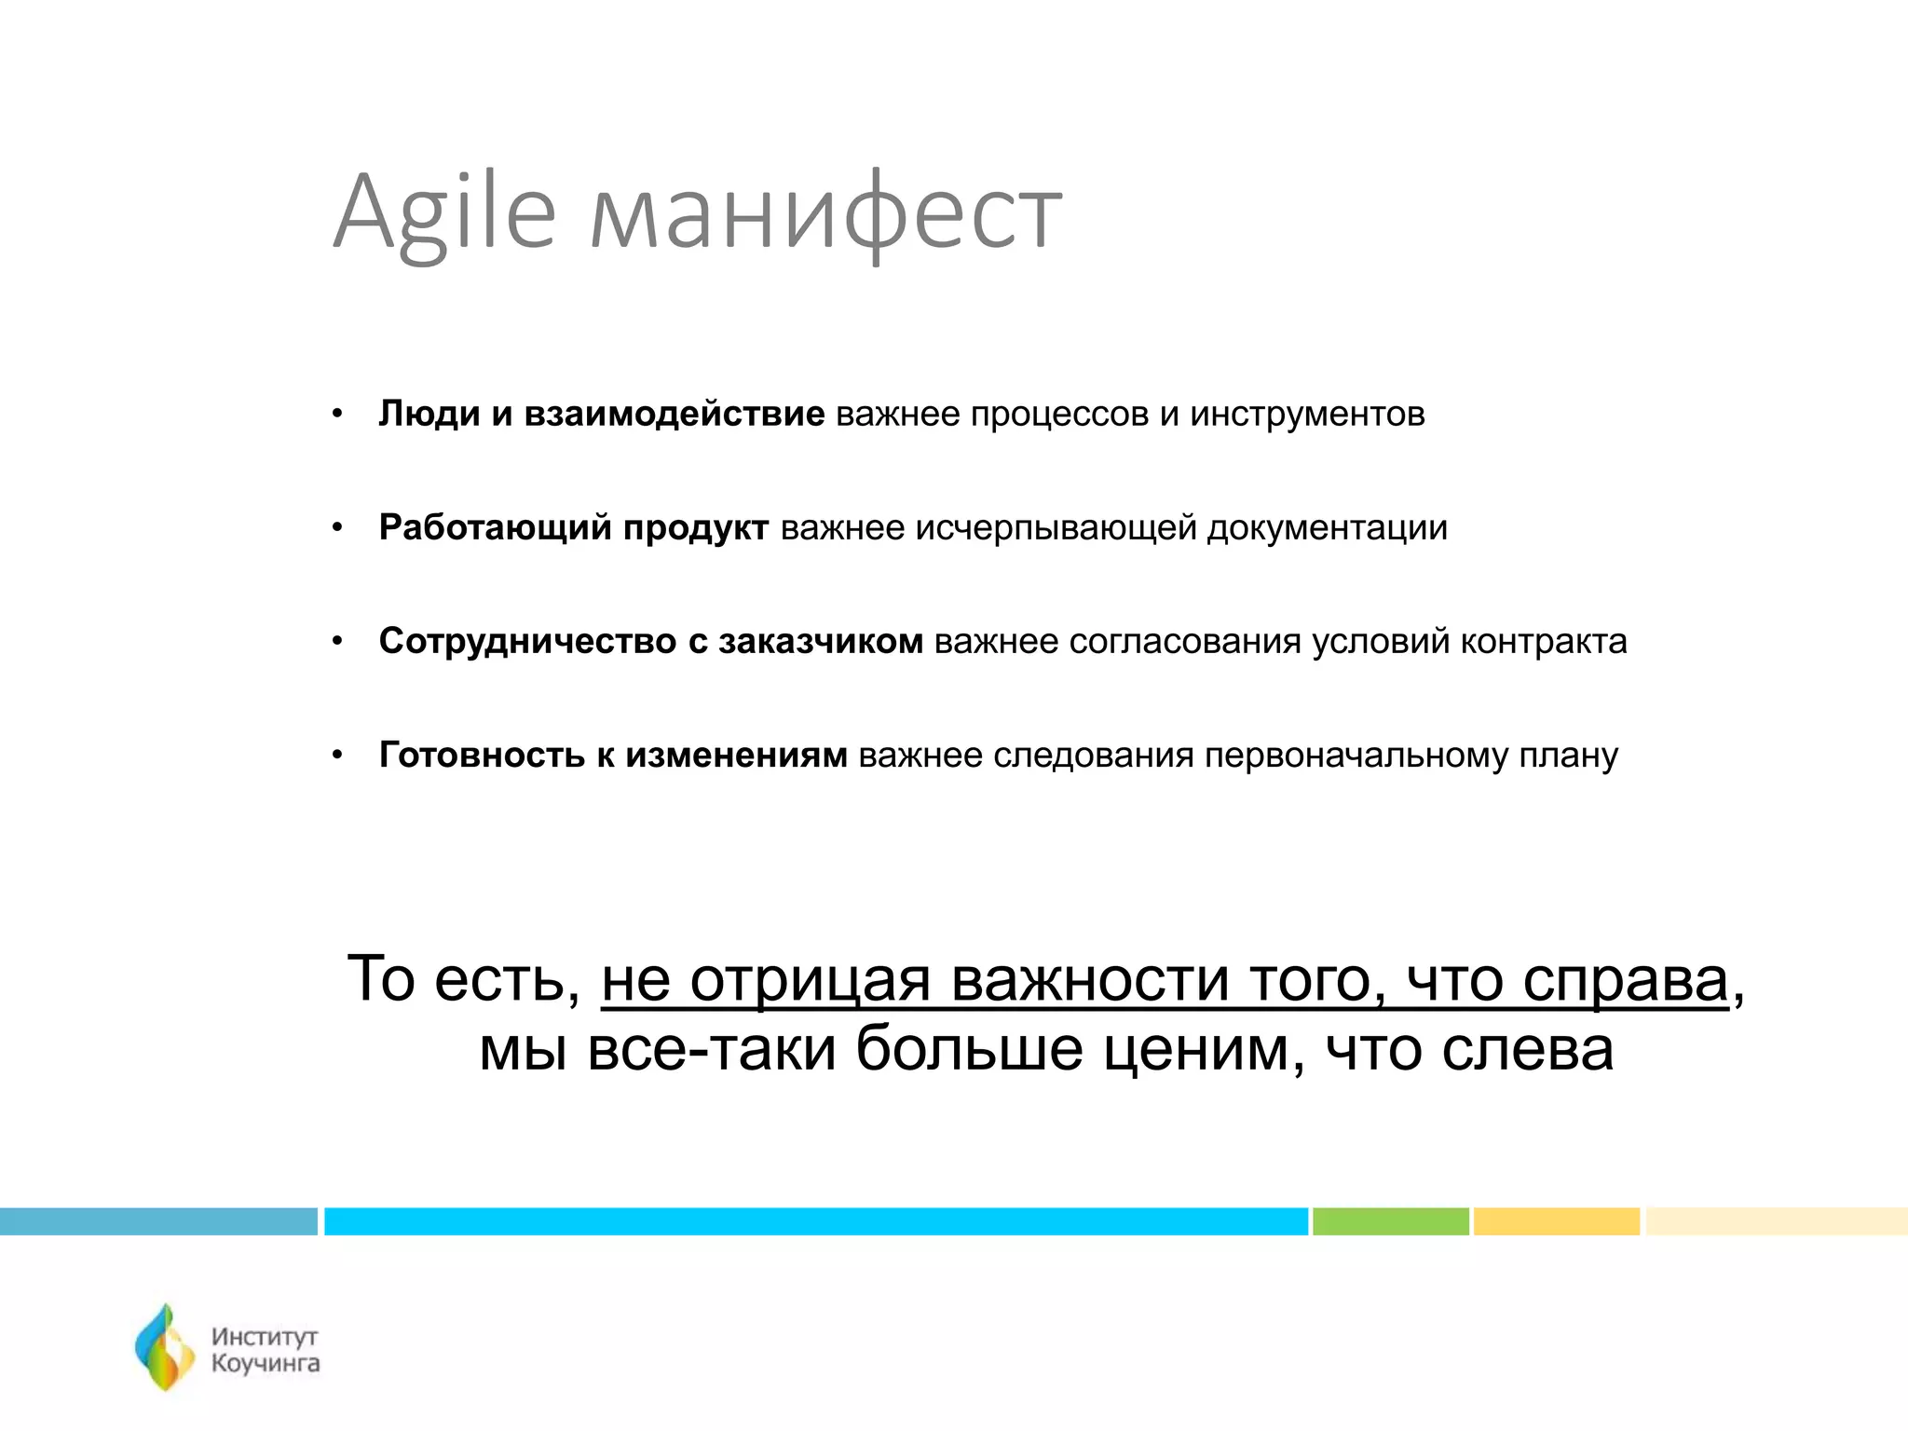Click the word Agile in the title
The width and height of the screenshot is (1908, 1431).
point(444,212)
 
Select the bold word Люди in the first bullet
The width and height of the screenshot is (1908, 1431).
point(429,414)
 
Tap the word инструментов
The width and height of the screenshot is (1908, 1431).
point(1307,414)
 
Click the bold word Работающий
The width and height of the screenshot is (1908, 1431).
point(496,527)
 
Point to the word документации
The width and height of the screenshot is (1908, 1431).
point(1328,527)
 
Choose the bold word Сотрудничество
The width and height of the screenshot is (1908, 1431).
point(527,641)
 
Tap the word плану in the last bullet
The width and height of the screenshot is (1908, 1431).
point(1569,755)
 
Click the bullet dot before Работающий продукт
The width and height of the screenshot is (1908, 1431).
point(338,528)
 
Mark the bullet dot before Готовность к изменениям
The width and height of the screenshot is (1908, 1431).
point(338,756)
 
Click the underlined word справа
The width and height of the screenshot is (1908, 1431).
point(1626,980)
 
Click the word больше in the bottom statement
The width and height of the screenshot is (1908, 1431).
point(969,1049)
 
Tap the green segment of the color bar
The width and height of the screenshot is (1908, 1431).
point(1390,1220)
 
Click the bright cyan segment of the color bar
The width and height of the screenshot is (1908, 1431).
point(815,1220)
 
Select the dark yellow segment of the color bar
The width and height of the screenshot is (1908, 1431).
point(1556,1220)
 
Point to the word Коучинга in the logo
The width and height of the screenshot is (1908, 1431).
point(266,1364)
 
